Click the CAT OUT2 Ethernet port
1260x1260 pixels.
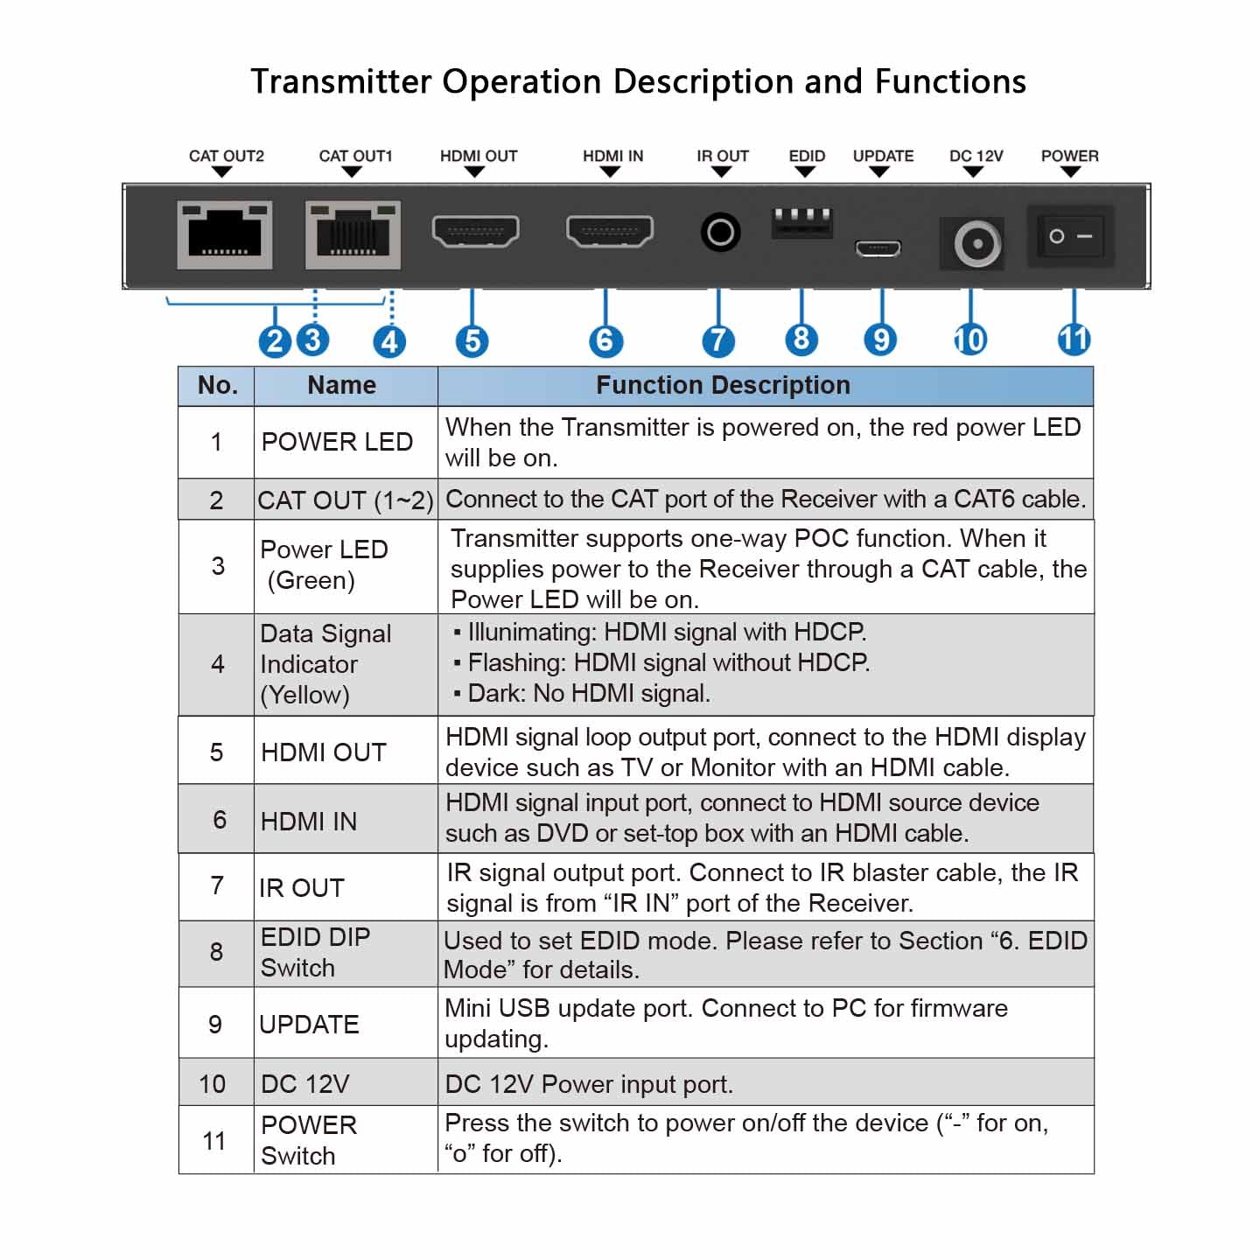pos(225,234)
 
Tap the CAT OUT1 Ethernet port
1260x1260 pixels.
pos(353,234)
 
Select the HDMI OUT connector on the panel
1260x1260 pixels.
pos(475,231)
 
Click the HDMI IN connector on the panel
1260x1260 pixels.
pos(610,231)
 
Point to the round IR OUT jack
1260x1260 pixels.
pos(720,233)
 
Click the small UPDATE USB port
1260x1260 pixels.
pos(878,248)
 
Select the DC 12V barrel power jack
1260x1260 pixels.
pos(976,243)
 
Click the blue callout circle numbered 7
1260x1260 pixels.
pos(717,340)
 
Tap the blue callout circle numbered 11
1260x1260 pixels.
pos(1074,339)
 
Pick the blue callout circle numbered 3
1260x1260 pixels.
pos(313,339)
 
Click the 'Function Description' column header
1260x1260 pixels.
pos(723,386)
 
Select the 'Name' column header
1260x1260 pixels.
pos(342,386)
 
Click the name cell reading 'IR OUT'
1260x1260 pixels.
pos(302,887)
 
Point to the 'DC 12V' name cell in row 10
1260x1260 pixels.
pos(305,1084)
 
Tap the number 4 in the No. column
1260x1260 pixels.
pos(217,664)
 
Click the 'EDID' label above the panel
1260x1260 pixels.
pos(807,157)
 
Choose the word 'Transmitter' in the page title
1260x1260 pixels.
pos(341,81)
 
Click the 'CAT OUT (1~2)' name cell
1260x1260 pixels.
pos(346,500)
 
